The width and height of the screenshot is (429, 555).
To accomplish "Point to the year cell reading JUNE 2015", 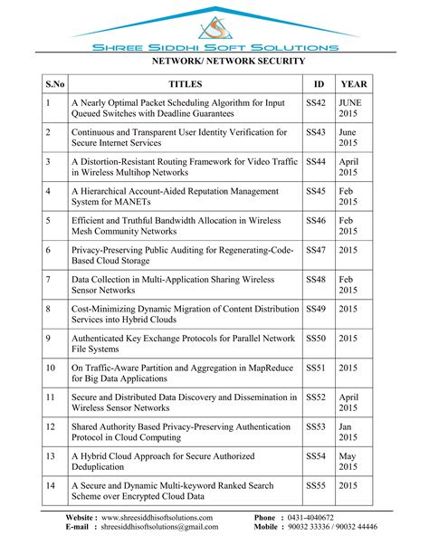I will point(350,110).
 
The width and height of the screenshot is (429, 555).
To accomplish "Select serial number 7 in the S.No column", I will point(48,279).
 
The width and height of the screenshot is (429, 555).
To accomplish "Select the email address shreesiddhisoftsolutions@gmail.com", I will point(167,526).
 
